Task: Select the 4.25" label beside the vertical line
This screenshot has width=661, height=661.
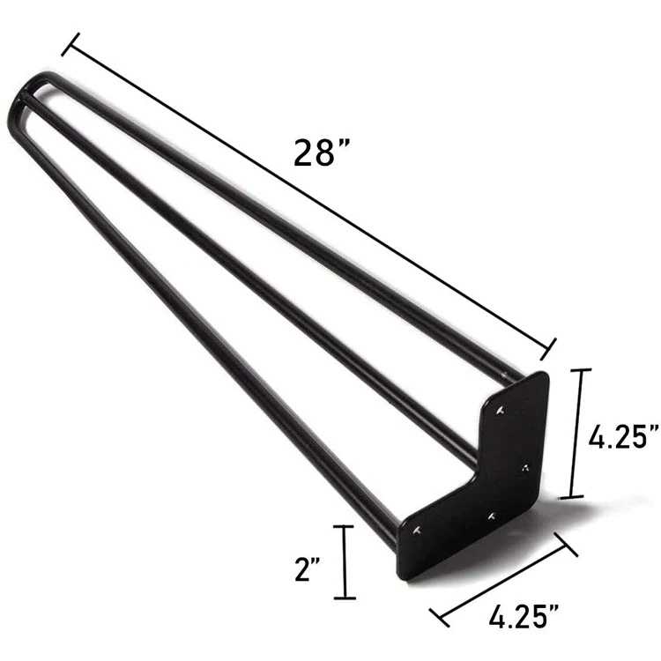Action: (624, 435)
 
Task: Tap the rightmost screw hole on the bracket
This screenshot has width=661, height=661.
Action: (524, 466)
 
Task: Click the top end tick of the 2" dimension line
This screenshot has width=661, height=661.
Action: (343, 527)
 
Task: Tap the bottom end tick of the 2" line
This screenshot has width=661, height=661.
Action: (343, 598)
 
